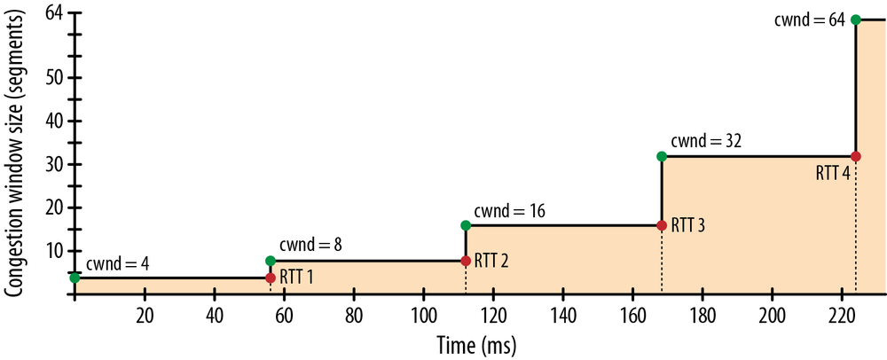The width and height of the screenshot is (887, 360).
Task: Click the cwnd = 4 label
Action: pos(117,265)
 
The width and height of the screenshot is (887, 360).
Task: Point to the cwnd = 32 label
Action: pos(705,140)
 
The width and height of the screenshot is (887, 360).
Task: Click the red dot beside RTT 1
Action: pos(271,278)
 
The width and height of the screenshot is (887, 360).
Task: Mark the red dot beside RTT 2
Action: pos(466,261)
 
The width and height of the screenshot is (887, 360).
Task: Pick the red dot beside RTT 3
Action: pos(661,225)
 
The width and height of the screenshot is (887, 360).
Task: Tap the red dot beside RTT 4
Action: pos(855,156)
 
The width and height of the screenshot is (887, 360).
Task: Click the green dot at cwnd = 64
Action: pos(855,20)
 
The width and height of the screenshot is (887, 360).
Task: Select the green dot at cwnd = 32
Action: pos(661,156)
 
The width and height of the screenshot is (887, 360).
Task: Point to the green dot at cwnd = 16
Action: pos(466,225)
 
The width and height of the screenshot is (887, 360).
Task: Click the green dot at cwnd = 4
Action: pos(75,278)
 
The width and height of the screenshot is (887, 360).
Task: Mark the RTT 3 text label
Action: pos(688,225)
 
